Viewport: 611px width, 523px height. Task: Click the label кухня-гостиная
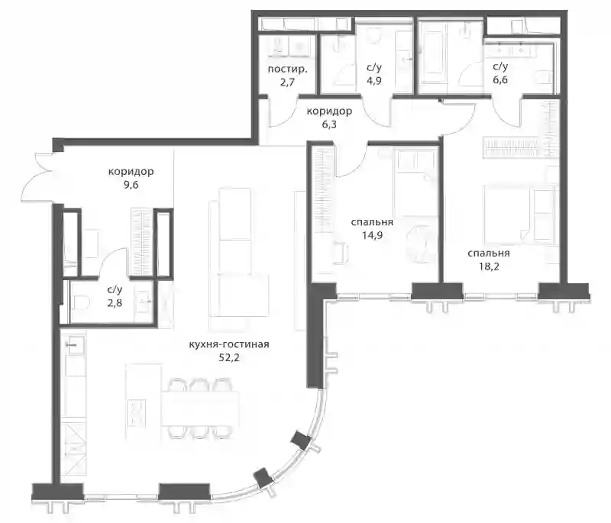coord(228,344)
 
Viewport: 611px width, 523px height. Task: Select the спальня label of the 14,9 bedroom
coord(372,223)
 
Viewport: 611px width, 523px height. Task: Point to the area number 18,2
coord(489,266)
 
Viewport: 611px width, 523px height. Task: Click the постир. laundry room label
coord(288,70)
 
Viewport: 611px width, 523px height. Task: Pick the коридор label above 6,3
coord(329,111)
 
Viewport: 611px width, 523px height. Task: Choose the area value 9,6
coord(131,185)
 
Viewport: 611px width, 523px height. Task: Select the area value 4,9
coord(373,81)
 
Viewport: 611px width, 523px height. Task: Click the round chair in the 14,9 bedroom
coord(419,244)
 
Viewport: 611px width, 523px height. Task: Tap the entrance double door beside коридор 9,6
coord(38,178)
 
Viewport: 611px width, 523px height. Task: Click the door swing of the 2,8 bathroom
coord(112,262)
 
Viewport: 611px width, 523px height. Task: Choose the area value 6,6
coord(500,80)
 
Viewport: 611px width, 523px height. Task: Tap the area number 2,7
coord(287,82)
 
